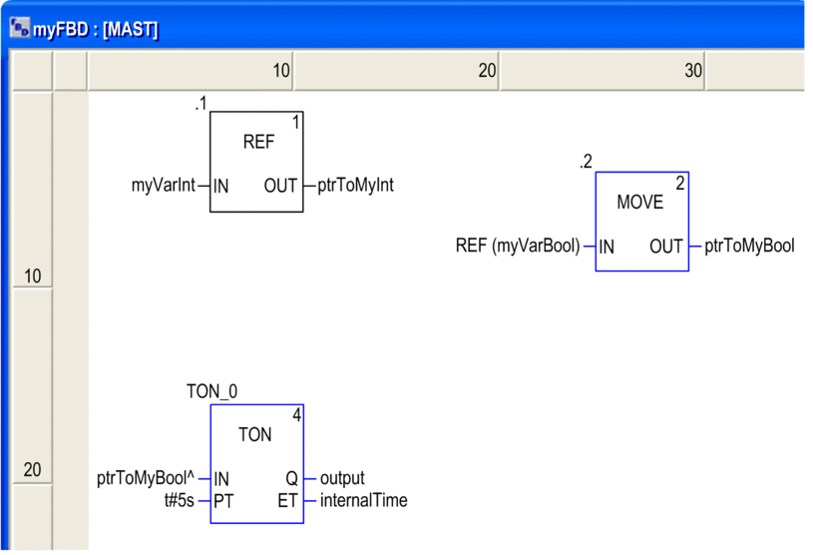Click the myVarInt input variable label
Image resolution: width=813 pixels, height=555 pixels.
point(164,186)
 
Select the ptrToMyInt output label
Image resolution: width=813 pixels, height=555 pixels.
point(356,186)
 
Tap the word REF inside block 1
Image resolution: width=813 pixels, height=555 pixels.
point(258,142)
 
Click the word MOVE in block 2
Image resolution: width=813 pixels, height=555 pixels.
point(639,202)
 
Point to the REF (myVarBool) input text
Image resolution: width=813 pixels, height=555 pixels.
point(518,246)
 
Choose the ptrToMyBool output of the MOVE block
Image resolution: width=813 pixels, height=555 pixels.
point(749,246)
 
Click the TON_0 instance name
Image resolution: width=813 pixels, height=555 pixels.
point(212,391)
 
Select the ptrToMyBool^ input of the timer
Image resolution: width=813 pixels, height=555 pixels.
point(146,478)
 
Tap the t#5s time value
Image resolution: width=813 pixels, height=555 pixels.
point(180,500)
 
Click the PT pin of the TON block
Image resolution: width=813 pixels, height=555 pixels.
point(223,501)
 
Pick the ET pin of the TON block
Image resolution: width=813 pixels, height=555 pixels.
point(287,501)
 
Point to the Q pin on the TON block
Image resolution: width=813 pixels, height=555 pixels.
point(292,478)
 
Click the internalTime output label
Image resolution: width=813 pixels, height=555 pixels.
point(364,500)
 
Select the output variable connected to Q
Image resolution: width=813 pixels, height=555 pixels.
point(342,478)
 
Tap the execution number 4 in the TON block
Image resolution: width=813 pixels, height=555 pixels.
point(296,415)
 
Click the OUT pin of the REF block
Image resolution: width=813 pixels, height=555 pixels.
point(280,186)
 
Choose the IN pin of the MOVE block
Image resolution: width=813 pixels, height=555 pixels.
point(607,247)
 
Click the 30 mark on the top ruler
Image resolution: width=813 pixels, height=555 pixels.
point(693,71)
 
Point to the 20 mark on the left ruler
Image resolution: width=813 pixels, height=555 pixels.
point(32,469)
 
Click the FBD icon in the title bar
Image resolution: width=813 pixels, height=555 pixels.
point(20,28)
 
